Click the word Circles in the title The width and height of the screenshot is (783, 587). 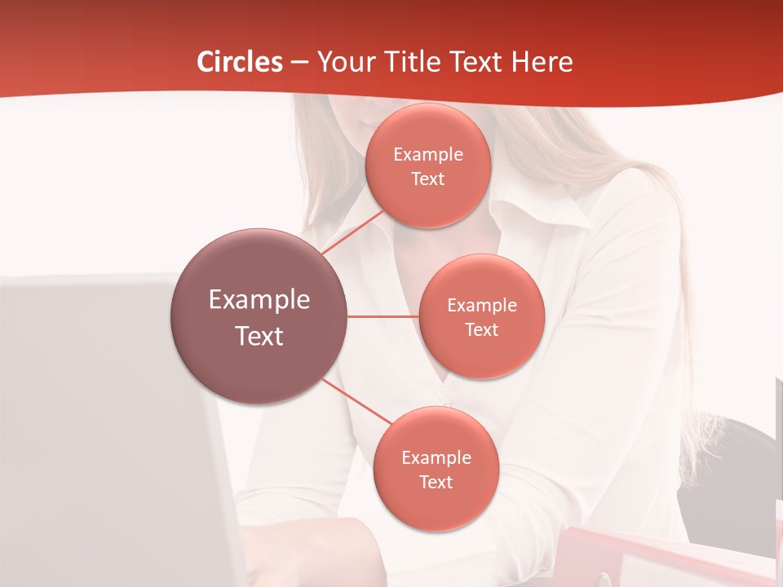pyautogui.click(x=240, y=62)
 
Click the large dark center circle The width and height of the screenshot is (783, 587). pyautogui.click(x=259, y=316)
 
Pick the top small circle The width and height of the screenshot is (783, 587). pyautogui.click(x=427, y=166)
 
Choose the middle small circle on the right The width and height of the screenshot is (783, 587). pyautogui.click(x=481, y=316)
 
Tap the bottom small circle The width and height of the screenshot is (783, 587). pyautogui.click(x=436, y=469)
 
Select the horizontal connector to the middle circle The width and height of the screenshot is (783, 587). pyautogui.click(x=383, y=316)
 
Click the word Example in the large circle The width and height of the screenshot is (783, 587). pyautogui.click(x=259, y=300)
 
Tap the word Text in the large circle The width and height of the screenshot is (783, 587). pyautogui.click(x=259, y=336)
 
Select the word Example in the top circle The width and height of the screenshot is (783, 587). pyautogui.click(x=427, y=154)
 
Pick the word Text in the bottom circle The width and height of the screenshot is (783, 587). pyautogui.click(x=436, y=482)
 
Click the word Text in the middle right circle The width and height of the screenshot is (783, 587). pyautogui.click(x=481, y=329)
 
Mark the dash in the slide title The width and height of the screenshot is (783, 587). pyautogui.click(x=299, y=62)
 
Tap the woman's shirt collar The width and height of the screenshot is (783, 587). pyautogui.click(x=522, y=216)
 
